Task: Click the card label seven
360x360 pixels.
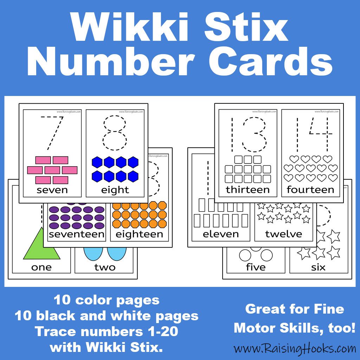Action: pyautogui.click(x=52, y=190)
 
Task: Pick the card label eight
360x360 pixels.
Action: pyautogui.click(x=115, y=190)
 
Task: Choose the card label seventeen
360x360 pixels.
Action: pyautogui.click(x=77, y=234)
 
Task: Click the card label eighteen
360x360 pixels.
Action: pyautogui.click(x=139, y=234)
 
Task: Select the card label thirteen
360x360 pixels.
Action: pyautogui.click(x=247, y=190)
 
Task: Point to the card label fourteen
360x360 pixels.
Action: pyautogui.click(x=310, y=190)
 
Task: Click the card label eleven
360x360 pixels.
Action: pyautogui.click(x=221, y=234)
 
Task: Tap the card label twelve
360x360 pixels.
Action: pyautogui.click(x=283, y=234)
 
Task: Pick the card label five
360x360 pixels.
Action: pyautogui.click(x=256, y=267)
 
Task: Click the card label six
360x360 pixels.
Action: pyautogui.click(x=318, y=267)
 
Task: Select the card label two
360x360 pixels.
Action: pyautogui.click(x=105, y=267)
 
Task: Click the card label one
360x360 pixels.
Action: pyautogui.click(x=41, y=267)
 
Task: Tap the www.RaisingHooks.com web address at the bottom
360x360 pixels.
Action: pyautogui.click(x=295, y=348)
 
